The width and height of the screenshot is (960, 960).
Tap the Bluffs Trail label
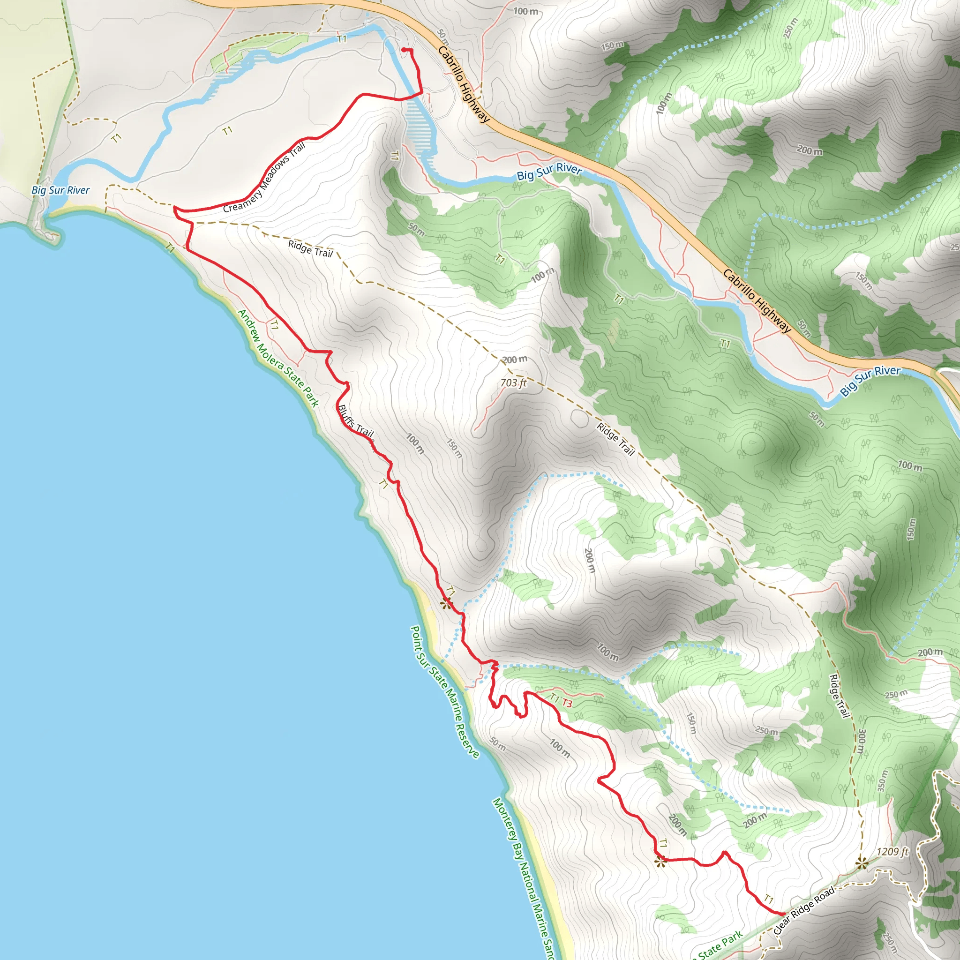point(356,421)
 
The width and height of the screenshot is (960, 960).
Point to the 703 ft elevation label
point(513,382)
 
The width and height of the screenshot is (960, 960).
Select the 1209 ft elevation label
point(892,852)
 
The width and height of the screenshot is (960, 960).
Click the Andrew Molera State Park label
point(278,358)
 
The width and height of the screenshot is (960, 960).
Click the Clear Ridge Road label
point(804,910)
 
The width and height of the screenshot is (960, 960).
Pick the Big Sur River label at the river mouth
point(60,190)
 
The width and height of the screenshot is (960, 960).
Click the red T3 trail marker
point(567,703)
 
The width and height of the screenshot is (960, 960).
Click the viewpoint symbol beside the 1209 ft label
point(862,863)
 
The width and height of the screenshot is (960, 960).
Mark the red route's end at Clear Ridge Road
point(784,913)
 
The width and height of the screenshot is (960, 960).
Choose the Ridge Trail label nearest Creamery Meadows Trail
point(310,248)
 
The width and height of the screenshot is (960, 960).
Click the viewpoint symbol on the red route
point(660,862)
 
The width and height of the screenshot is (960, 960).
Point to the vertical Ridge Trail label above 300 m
point(839,696)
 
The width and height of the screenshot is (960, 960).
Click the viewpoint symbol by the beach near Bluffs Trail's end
point(446,604)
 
